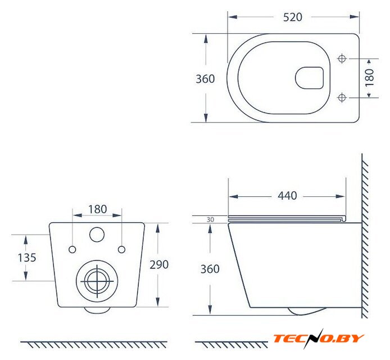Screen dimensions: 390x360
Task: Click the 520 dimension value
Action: point(292,17)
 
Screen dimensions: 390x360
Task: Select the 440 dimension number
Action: point(287,196)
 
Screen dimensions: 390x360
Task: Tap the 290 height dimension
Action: point(159,264)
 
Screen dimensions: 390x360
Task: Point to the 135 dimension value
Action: point(27,258)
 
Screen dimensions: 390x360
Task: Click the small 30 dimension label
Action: point(210,219)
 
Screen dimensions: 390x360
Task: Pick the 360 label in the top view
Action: point(205,79)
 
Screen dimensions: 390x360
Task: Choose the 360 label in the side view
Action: point(210,269)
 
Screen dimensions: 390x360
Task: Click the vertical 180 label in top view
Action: point(370,78)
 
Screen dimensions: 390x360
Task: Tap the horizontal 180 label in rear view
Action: point(98,209)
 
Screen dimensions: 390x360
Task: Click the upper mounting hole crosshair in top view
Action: point(342,58)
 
